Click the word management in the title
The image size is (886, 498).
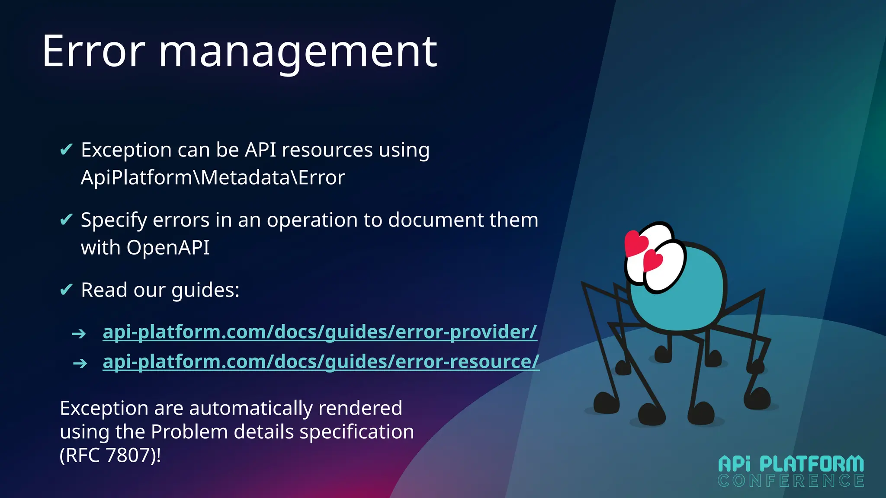click(299, 54)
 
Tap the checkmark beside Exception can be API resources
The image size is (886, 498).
click(66, 150)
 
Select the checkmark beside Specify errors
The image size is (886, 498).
click(66, 220)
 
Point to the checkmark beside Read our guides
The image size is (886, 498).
click(66, 289)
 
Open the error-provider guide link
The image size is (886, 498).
click(320, 332)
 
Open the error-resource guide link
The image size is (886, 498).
click(321, 361)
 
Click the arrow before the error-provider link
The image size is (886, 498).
click(79, 334)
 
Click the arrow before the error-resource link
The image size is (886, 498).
click(80, 363)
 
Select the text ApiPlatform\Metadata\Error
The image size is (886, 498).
click(213, 178)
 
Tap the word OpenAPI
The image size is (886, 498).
click(168, 248)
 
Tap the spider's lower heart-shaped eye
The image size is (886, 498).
click(653, 261)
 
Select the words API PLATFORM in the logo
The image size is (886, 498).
click(791, 464)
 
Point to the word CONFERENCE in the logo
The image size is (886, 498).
click(791, 481)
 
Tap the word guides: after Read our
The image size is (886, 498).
click(205, 290)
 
